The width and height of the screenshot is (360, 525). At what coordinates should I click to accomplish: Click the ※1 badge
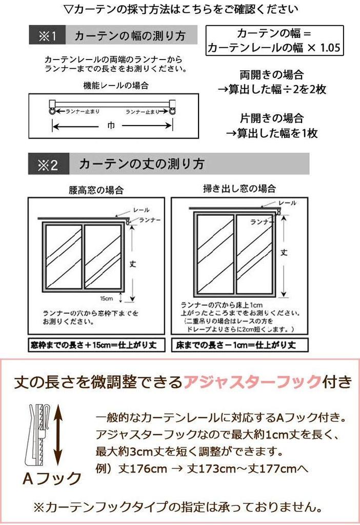[x=47, y=36]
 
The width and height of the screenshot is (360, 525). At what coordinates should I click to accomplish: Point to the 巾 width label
[x=111, y=126]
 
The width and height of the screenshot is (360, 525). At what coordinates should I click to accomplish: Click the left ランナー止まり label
[x=83, y=111]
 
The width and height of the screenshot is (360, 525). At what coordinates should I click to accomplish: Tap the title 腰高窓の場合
[x=96, y=190]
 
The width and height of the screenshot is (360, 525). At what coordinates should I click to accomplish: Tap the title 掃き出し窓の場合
[x=239, y=189]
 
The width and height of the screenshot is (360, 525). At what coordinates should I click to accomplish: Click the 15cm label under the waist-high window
[x=107, y=298]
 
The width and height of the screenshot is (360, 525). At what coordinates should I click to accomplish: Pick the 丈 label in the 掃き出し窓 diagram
[x=284, y=252]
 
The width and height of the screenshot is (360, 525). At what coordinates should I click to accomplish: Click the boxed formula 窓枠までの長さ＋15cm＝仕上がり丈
[x=96, y=345]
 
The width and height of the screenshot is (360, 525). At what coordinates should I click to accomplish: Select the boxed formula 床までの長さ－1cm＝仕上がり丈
[x=240, y=345]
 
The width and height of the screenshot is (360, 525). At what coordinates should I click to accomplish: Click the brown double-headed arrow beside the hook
[x=57, y=434]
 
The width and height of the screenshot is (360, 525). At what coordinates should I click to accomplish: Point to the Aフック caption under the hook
[x=52, y=478]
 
